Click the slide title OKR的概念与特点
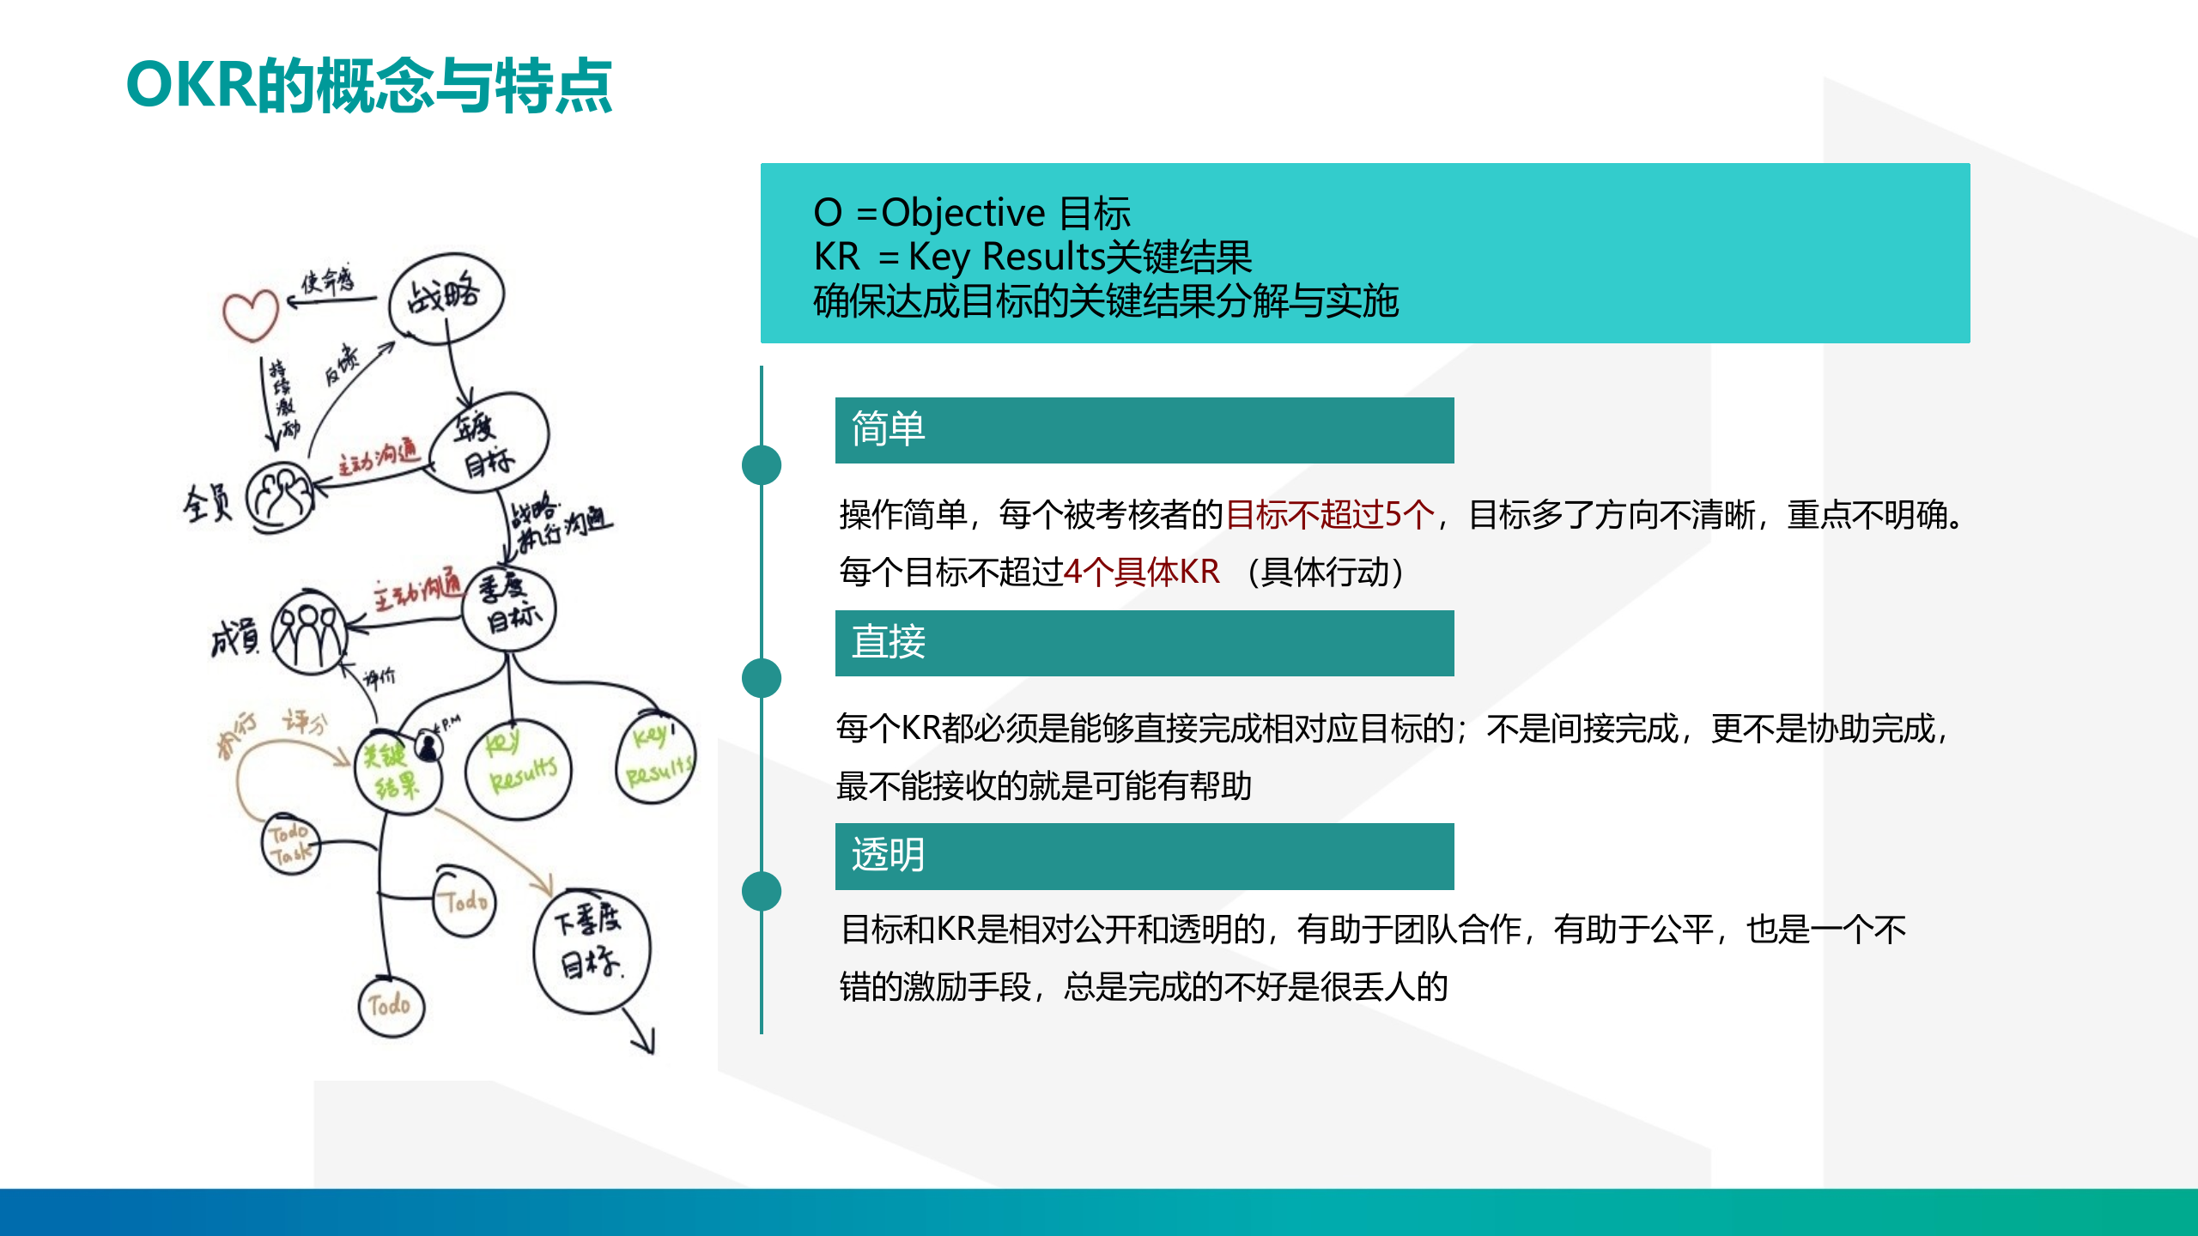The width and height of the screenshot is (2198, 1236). (369, 86)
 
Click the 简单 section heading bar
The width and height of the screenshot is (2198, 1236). (1144, 430)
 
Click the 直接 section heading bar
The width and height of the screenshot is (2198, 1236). (1144, 643)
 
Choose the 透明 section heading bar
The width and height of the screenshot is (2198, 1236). (1144, 856)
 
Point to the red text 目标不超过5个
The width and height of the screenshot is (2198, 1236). (1330, 515)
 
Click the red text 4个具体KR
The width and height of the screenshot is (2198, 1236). (1141, 572)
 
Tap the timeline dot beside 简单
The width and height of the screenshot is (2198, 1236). (762, 465)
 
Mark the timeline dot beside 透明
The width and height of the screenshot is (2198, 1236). (762, 891)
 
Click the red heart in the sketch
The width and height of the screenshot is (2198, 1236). (250, 315)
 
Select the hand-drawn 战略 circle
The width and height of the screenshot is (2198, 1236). (446, 298)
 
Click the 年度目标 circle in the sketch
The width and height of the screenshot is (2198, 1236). (489, 443)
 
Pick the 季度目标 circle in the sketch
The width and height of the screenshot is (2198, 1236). (509, 608)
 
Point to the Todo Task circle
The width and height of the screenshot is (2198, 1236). (290, 844)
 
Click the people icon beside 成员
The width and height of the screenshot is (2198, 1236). (309, 633)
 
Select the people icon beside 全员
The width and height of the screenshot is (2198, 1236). (280, 495)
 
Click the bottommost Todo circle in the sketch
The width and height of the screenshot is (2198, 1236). (391, 1006)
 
